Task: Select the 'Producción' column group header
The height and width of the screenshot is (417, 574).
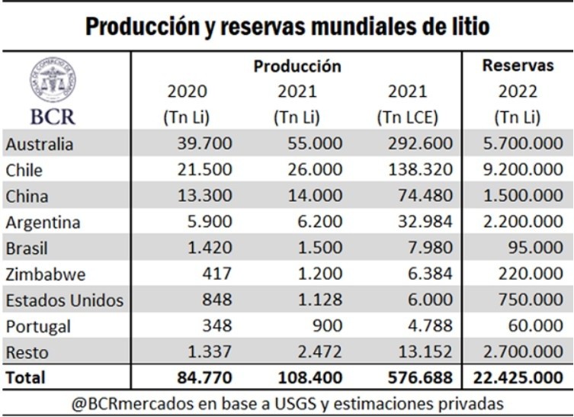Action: (x=297, y=66)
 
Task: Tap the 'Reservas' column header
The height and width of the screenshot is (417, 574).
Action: (x=518, y=66)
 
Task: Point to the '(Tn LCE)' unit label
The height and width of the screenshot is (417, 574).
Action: (x=407, y=118)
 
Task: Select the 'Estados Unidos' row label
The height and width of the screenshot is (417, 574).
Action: (x=64, y=300)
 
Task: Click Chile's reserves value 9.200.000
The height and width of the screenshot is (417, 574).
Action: (x=518, y=170)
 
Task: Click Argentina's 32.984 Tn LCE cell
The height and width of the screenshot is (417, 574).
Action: (x=422, y=222)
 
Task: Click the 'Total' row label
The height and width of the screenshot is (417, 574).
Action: (x=25, y=377)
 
